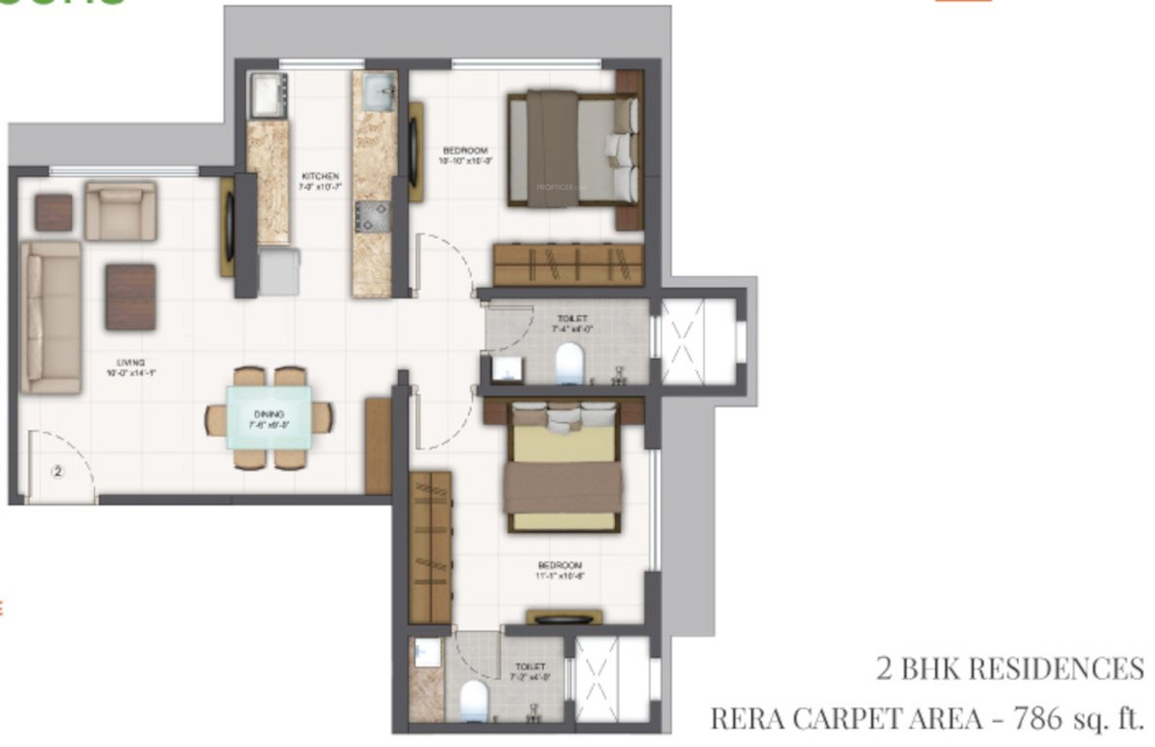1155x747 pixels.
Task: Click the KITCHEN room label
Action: [320, 177]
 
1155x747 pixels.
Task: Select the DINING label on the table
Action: [263, 414]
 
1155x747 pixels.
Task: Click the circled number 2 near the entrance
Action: [57, 473]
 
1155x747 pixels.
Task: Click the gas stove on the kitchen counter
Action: [372, 217]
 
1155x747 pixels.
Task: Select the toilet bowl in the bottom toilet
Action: [474, 699]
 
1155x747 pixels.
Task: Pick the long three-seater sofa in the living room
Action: [51, 317]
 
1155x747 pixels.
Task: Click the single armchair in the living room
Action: [120, 211]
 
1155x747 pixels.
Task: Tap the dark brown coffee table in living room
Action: [130, 297]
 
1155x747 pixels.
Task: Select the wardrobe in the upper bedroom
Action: [568, 264]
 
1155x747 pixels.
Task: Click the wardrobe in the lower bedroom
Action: [430, 547]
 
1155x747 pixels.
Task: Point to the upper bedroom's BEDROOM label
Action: [464, 150]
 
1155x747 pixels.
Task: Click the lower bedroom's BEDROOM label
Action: [559, 566]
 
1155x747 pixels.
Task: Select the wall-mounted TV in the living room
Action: [229, 226]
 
